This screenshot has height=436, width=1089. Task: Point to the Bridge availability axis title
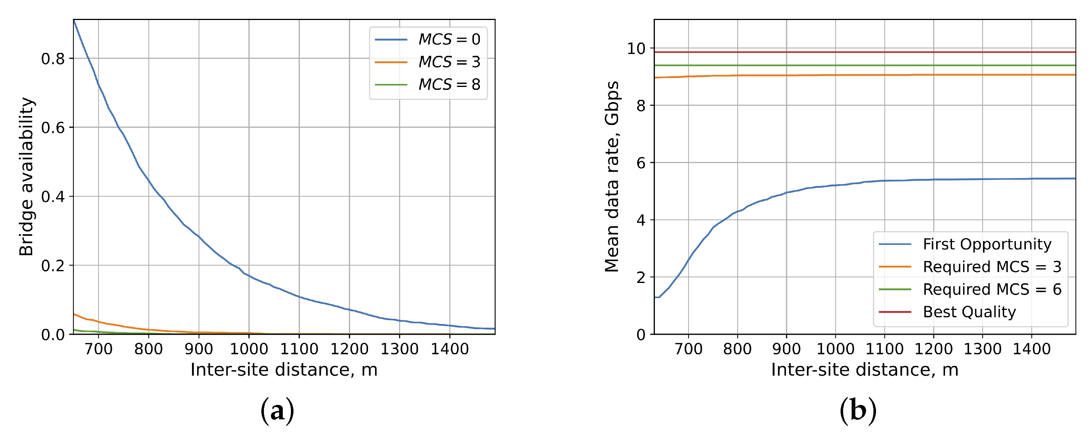point(26,176)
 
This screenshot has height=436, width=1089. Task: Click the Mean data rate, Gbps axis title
point(612,176)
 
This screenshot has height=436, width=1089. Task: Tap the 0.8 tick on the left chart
point(53,59)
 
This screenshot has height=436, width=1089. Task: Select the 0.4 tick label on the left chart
point(53,197)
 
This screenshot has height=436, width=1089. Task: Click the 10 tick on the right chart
point(636,49)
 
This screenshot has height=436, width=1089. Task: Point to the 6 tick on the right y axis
point(641,163)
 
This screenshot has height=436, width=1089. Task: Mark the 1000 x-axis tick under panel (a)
point(249,349)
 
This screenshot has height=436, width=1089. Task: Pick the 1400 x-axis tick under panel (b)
point(1031,349)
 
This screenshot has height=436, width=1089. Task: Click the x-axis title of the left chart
point(284,369)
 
